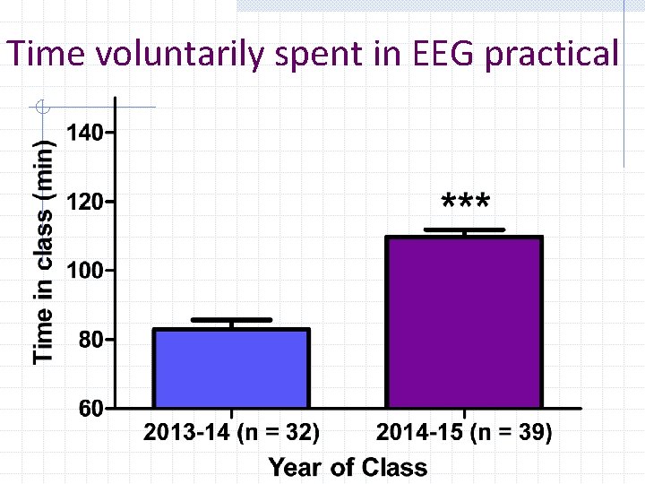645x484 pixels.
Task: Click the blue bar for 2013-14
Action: pyautogui.click(x=231, y=368)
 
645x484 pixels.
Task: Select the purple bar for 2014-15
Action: pyautogui.click(x=464, y=323)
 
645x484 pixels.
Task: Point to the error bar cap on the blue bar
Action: pyautogui.click(x=231, y=319)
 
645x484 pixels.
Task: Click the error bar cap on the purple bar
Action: pyautogui.click(x=464, y=230)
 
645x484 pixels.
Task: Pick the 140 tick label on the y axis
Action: pyautogui.click(x=85, y=133)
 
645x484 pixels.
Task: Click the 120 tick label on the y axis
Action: pyautogui.click(x=85, y=202)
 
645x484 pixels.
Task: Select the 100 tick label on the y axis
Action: pyautogui.click(x=85, y=271)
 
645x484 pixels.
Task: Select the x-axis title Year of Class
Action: pyautogui.click(x=348, y=467)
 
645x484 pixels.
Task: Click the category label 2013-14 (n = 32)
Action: pyautogui.click(x=231, y=434)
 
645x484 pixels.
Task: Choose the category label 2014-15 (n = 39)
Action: pyautogui.click(x=464, y=434)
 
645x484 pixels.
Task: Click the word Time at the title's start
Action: pyautogui.click(x=45, y=55)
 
